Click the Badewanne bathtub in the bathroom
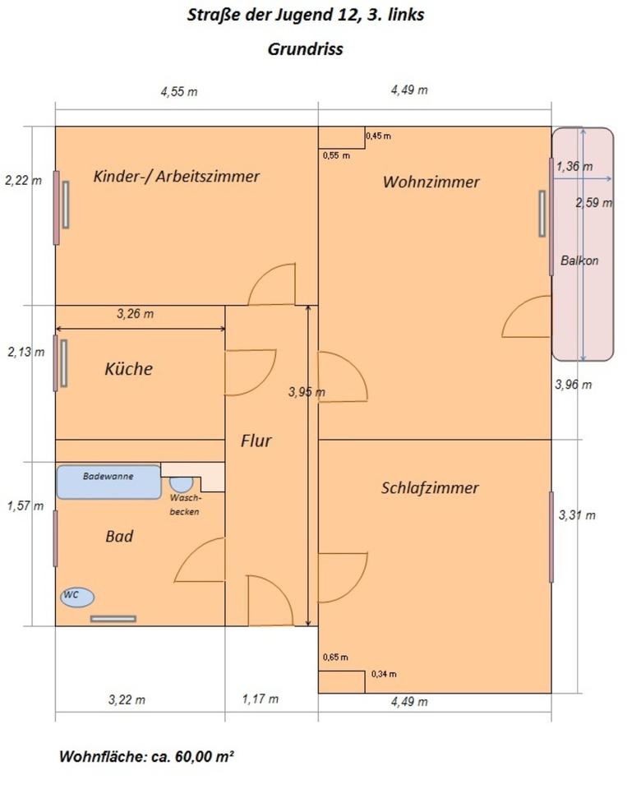pos(108,482)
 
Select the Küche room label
pos(128,369)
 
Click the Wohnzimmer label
pos(431,182)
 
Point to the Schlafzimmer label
pos(430,487)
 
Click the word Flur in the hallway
pos(256,441)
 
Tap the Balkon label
pos(579,261)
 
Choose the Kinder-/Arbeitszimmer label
pos(177,176)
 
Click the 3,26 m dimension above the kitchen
pos(135,313)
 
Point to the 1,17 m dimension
pos(260,699)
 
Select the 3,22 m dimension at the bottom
pos(127,700)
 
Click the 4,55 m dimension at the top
pos(178,91)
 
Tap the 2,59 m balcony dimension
pos(593,202)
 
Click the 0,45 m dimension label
pos(379,135)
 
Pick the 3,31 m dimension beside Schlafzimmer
pos(577,515)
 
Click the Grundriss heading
pos(305,48)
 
